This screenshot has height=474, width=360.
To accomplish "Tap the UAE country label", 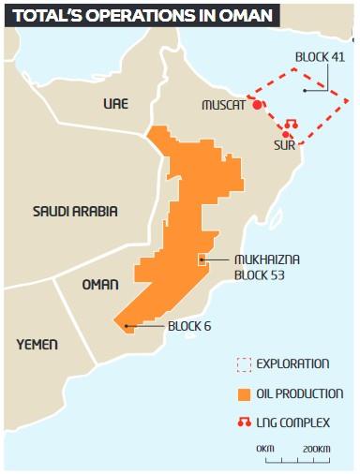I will tap(115, 103).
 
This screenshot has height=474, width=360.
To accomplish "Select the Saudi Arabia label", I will tap(75, 211).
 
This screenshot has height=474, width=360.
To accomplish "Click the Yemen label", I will tap(37, 345).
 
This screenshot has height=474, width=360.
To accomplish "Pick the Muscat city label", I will tap(223, 106).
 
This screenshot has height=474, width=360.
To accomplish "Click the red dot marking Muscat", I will tap(257, 106).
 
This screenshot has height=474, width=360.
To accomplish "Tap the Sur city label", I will tap(285, 145).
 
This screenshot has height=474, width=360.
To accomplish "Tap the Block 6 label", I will tap(190, 326).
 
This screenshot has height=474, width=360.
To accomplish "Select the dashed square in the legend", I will tap(245, 363).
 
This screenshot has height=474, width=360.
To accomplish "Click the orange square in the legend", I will tap(245, 393).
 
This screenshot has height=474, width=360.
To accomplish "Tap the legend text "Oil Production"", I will tap(299, 393).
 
